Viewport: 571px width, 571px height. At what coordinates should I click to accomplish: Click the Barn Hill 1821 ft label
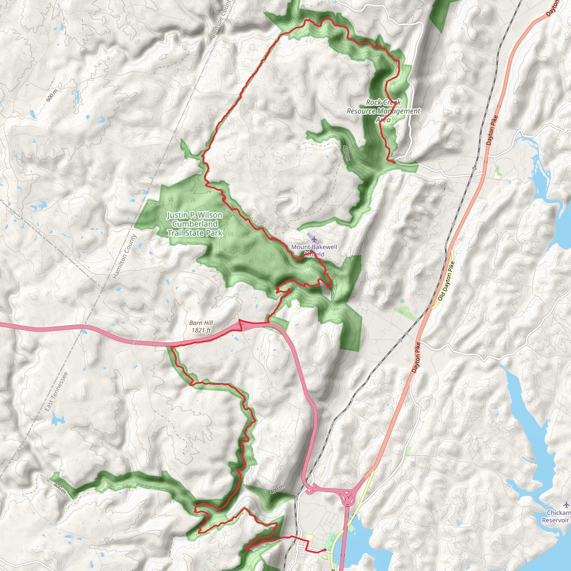pos(201,326)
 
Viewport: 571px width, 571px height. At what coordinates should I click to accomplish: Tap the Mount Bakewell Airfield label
pos(314,250)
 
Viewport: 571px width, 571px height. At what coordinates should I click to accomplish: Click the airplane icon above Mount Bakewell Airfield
pos(314,238)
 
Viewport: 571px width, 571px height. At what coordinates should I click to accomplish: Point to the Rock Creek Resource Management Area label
pos(383,111)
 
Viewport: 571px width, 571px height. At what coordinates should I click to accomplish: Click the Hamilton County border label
pos(124,256)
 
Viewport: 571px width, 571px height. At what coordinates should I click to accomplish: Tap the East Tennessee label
pos(56,392)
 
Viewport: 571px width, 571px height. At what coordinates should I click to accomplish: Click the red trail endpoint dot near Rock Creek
pos(394,162)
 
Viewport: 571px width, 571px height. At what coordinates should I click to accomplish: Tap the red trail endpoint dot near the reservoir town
pos(325,550)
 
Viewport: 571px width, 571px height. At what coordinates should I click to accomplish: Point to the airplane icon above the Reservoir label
pos(566,504)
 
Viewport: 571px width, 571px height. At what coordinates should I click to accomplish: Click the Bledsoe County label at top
pos(221,19)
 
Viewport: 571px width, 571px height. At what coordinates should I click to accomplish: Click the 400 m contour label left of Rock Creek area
pos(346,153)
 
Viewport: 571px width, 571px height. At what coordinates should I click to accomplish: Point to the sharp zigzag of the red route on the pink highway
pos(240,325)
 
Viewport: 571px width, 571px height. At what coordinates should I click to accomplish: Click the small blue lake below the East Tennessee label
pos(58,420)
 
